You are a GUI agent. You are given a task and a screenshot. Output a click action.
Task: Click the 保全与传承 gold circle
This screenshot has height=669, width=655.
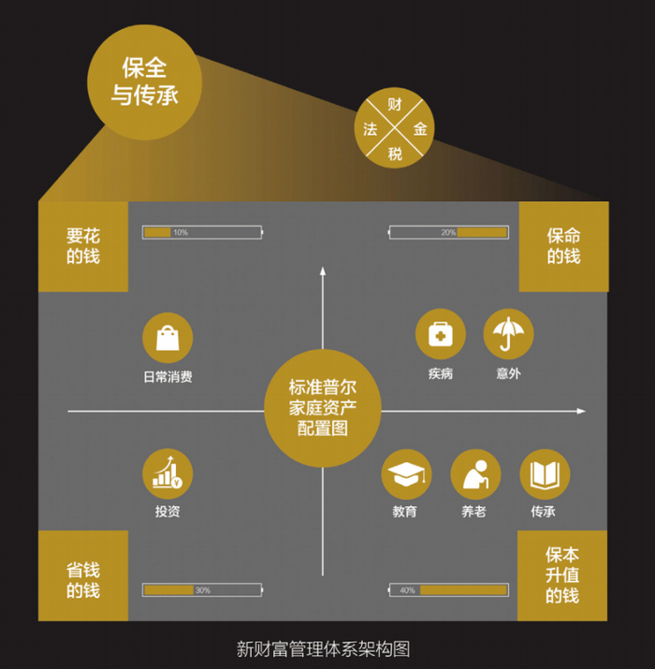pyautogui.click(x=144, y=82)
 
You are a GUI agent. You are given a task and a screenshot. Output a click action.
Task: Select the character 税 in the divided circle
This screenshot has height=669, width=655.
pyautogui.click(x=395, y=153)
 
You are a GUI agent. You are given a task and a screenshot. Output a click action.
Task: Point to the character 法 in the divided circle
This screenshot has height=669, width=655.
pyautogui.click(x=371, y=129)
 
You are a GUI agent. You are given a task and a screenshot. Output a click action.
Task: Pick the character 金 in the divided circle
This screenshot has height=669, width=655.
pyautogui.click(x=420, y=129)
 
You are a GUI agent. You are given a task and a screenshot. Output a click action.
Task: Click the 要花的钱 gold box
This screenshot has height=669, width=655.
pyautogui.click(x=83, y=246)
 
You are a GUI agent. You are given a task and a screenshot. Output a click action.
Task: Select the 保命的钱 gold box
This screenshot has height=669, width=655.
pyautogui.click(x=563, y=246)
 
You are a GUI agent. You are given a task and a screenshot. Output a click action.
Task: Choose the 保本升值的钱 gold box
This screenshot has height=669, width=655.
pyautogui.click(x=562, y=575)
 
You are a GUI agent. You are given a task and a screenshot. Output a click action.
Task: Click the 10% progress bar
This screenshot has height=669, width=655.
pyautogui.click(x=203, y=232)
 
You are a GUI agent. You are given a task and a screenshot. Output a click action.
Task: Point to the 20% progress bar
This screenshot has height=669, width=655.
pyautogui.click(x=449, y=232)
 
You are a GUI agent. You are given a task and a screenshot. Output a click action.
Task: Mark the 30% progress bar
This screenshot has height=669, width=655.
pyautogui.click(x=203, y=590)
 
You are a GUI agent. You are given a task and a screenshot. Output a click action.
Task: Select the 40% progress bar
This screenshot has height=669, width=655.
pyautogui.click(x=449, y=590)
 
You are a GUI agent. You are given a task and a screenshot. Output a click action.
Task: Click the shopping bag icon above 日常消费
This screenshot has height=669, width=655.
pyautogui.click(x=167, y=338)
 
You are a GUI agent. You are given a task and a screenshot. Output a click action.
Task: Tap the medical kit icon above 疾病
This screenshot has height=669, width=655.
pyautogui.click(x=441, y=334)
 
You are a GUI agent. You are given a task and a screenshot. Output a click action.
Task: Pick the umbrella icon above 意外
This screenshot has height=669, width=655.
pyautogui.click(x=508, y=334)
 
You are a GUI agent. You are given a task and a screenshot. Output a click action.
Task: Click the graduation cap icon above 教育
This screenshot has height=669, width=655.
pyautogui.click(x=406, y=473)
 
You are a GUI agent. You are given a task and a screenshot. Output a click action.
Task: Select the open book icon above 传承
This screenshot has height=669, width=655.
pyautogui.click(x=544, y=473)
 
